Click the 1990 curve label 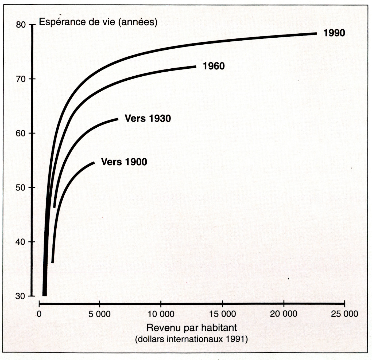(334, 33)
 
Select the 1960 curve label (214, 66)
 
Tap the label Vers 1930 (148, 118)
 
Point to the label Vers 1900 (124, 162)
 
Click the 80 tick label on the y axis (21, 25)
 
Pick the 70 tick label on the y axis (21, 79)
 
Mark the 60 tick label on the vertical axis (21, 133)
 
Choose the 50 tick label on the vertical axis (21, 188)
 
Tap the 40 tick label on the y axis (21, 242)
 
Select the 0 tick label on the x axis (39, 314)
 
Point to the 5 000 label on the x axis (99, 314)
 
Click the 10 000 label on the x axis (161, 314)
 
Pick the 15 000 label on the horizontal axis (222, 314)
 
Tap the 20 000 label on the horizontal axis (284, 314)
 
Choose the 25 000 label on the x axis (344, 314)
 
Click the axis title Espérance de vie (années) (98, 22)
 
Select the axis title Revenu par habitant (192, 328)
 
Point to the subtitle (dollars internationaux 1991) (191, 339)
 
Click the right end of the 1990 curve (316, 34)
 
